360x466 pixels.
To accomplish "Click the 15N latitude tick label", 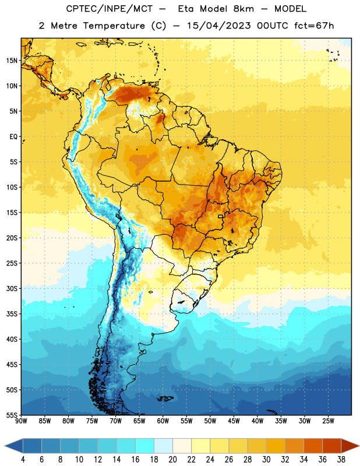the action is tap(12, 61).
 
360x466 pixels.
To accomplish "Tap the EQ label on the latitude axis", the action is tap(13, 137).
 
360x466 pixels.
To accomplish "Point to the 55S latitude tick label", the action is tap(12, 415).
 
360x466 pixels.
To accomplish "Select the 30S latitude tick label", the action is tap(12, 288).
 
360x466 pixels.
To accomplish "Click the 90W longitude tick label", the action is tap(22, 421).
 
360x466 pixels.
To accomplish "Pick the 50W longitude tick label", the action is tap(210, 421).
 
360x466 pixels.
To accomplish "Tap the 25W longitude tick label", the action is tap(328, 421).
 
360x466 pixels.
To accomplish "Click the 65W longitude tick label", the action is tap(139, 421).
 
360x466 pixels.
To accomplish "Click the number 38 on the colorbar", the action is tap(341, 460).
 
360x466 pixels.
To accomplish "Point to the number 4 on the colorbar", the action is tap(23, 460).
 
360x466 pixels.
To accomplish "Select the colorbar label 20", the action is tap(172, 460).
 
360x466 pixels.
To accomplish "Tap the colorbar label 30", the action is tap(266, 460).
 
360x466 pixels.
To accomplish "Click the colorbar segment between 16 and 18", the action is tap(144, 446).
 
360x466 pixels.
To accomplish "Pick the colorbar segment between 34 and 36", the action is tap(313, 446).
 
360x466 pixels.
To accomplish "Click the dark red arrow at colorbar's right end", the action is tap(350, 446).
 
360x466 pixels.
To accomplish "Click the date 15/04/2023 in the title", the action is tap(219, 26).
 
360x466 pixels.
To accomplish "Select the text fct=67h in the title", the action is tap(314, 26).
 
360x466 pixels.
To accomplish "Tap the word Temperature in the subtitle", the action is tap(114, 26).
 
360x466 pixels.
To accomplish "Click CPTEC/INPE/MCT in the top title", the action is tap(109, 9).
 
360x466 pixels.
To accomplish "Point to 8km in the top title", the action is tap(243, 9).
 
